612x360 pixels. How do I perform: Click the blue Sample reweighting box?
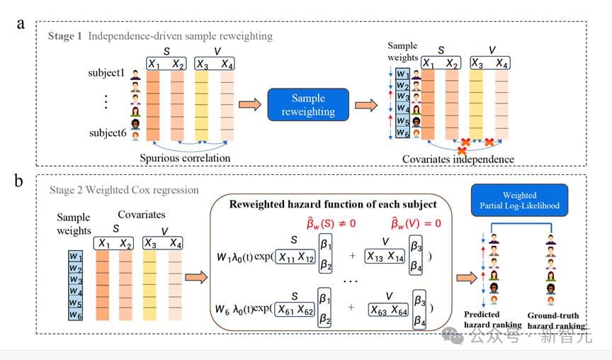(x=308, y=106)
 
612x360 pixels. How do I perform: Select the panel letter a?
(x=21, y=23)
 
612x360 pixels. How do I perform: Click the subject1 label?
(x=106, y=72)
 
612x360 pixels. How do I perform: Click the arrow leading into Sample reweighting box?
(x=250, y=106)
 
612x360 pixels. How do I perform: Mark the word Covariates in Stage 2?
(x=142, y=214)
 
